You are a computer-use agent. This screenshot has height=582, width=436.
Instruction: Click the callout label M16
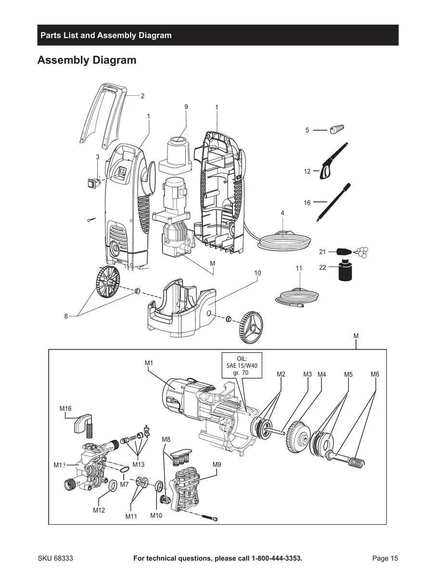(65, 409)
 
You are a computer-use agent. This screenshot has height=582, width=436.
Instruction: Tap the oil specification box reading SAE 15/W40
(242, 366)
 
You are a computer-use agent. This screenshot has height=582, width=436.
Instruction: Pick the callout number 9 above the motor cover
(186, 106)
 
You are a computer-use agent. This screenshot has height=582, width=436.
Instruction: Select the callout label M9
(217, 464)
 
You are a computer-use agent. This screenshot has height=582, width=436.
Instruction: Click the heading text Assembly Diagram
(87, 60)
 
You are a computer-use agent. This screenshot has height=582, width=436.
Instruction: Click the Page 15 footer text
(385, 558)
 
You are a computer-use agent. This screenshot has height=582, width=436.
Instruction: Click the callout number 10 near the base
(257, 273)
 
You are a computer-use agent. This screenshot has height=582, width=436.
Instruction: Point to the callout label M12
(99, 510)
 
